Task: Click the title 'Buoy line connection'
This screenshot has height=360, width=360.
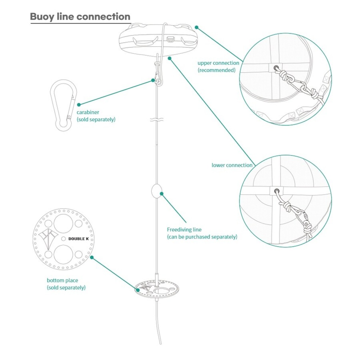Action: (x=80, y=17)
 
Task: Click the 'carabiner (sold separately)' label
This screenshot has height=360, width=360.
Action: (x=96, y=116)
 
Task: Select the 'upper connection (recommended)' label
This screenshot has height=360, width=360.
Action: (x=218, y=66)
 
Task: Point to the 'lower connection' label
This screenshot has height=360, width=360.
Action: (x=232, y=165)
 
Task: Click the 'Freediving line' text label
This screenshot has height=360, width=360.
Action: (x=184, y=229)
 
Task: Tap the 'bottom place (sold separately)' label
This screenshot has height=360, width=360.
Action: (x=66, y=284)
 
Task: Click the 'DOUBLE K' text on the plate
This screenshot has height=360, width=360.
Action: (x=78, y=239)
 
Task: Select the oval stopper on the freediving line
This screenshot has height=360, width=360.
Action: (x=156, y=191)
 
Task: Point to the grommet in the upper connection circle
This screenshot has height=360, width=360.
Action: (x=276, y=68)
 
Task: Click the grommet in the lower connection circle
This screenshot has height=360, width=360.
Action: (x=276, y=191)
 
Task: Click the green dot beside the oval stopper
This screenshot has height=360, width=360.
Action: (x=162, y=194)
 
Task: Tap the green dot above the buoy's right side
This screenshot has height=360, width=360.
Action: (x=196, y=27)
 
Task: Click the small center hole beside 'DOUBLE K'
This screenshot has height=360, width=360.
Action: (x=64, y=238)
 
